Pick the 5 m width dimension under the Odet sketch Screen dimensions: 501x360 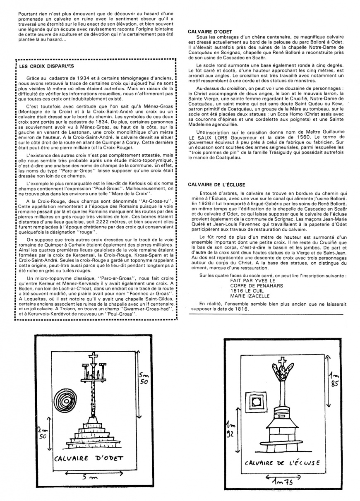[89, 477]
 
